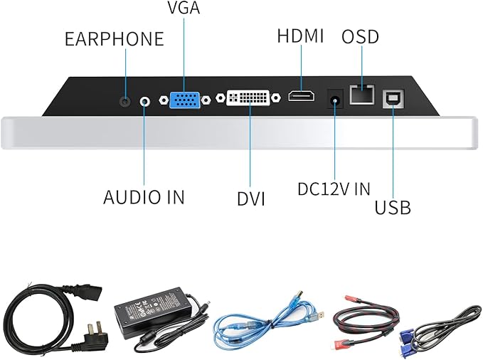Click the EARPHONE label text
coord(114,38)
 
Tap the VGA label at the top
coord(183,9)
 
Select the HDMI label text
coord(299,36)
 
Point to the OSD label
coord(360,36)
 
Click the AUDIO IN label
coord(144,197)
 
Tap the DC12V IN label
coord(334,189)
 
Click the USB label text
coord(392,208)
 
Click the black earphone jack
coord(126,101)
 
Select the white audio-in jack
coord(145,101)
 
